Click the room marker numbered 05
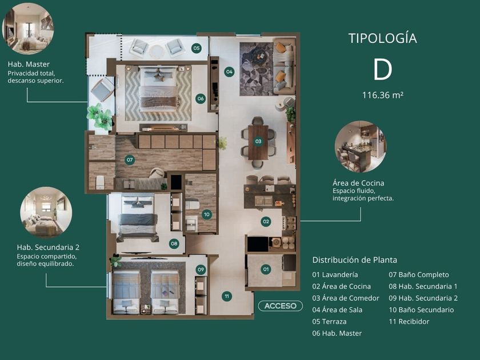pos(196,48)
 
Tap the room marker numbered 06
pos(201,98)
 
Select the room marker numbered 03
pos(258,141)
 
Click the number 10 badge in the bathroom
pos(207,214)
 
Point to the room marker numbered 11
pos(226,296)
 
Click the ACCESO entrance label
pos(281,306)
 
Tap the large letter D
pos(383,70)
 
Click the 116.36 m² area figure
pos(383,95)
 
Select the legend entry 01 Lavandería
pos(335,275)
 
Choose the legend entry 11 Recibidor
pos(409,321)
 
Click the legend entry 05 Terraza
pos(329,321)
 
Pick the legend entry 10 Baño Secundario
pos(421,310)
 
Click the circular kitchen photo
pos(361,147)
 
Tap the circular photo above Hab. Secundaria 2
pos(46,213)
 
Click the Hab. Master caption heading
pos(29,64)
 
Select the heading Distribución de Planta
pos(354,260)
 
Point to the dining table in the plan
pos(258,142)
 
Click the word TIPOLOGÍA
pos(383,38)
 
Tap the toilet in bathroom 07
pos(101,182)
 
